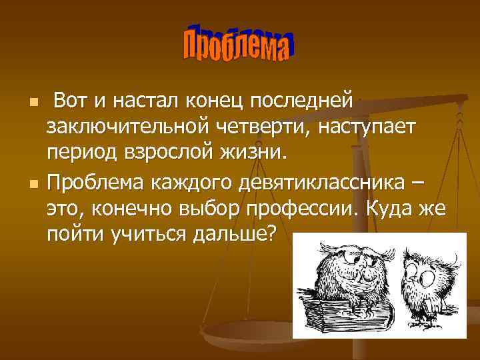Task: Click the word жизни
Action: [x=254, y=154]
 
